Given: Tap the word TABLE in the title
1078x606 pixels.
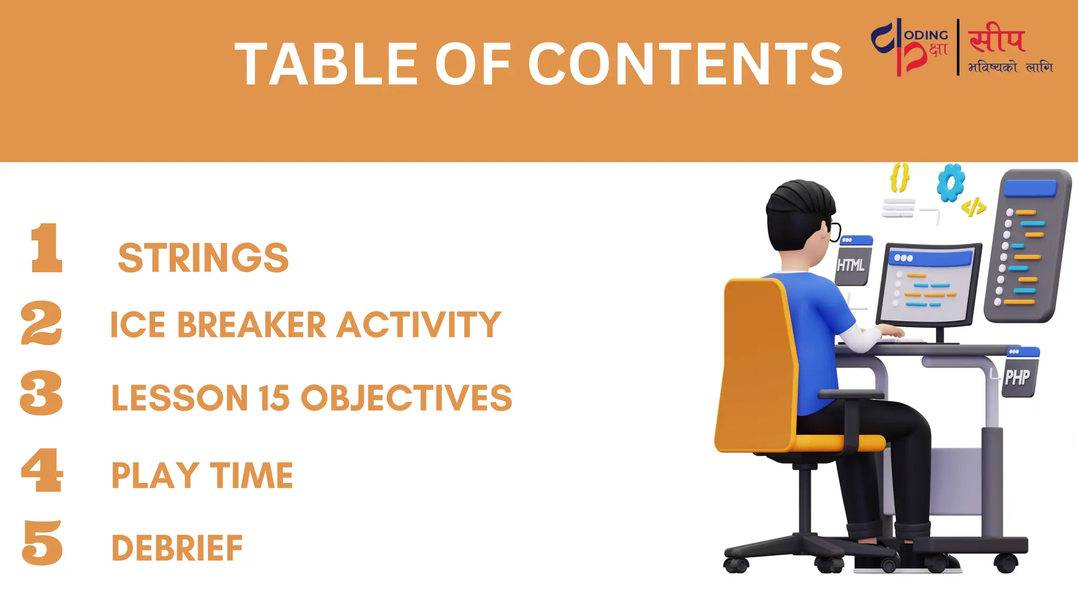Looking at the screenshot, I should point(326,64).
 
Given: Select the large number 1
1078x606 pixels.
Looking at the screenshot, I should point(46,248).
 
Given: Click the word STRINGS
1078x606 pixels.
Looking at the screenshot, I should point(203,258).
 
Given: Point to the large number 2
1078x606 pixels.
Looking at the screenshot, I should point(42,323).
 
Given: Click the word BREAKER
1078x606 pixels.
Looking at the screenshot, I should point(252,325).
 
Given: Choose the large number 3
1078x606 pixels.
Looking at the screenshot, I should point(41,393).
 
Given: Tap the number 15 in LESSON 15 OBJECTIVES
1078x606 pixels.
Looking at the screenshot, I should point(274,398).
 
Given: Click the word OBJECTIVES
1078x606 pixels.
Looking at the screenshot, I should point(406,398).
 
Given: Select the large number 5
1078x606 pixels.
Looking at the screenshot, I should point(43,543).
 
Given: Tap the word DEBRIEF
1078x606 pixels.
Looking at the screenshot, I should point(177,548).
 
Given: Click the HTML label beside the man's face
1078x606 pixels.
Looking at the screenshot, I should point(851,265).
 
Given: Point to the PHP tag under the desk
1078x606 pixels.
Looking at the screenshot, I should point(1017,377).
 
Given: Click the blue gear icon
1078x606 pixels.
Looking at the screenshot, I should point(951,183).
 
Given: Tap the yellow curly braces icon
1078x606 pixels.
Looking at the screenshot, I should point(900,177).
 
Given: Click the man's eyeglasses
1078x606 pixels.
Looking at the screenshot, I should point(834,230).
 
